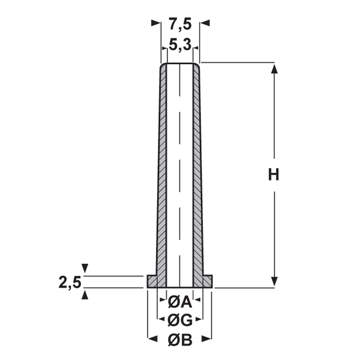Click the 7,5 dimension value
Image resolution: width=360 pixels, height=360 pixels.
point(180,25)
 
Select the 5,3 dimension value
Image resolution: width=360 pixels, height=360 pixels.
point(180,45)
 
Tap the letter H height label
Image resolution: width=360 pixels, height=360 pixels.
point(274,175)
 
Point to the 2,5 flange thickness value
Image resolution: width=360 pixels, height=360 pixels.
point(70,283)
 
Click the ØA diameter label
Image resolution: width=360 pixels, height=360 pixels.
point(180,302)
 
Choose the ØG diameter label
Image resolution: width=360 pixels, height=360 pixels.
point(180,320)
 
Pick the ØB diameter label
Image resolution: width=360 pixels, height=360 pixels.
point(180,340)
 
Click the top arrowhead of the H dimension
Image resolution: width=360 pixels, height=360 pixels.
point(274,69)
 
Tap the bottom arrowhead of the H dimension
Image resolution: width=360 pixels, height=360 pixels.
point(274,281)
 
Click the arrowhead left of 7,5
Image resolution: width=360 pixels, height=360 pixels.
point(155,23)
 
